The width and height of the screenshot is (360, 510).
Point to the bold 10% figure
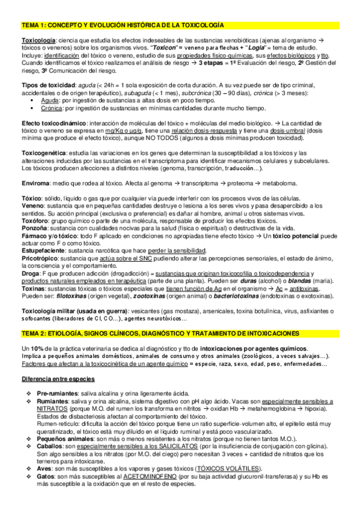coord(35,349)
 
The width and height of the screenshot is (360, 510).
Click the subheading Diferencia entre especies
coord(58,379)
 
